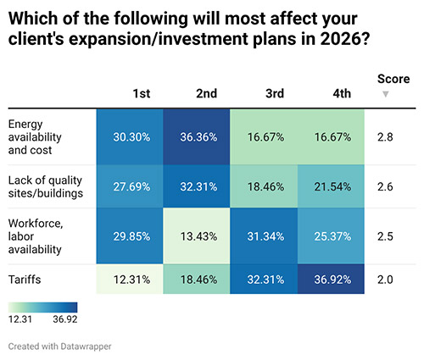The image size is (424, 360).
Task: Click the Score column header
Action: [393, 79]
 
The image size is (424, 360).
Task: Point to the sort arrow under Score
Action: [387, 94]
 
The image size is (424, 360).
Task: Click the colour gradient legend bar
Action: [42, 307]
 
